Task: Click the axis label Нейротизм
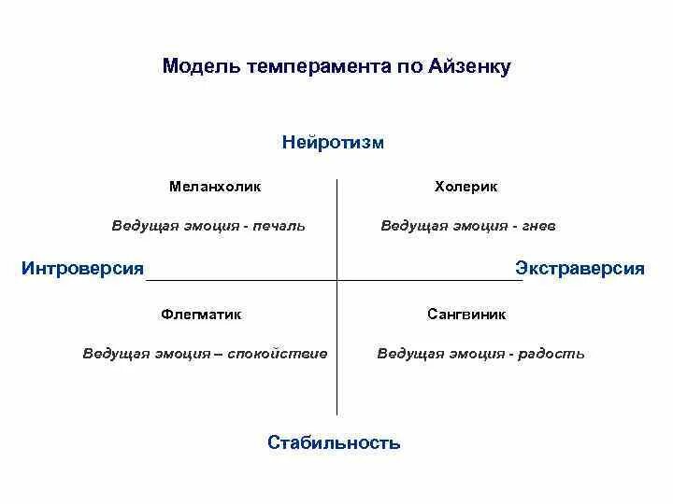point(333,143)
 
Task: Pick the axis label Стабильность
point(334,442)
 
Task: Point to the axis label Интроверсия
point(82,269)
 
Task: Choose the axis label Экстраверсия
point(580,269)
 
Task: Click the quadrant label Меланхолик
point(215,187)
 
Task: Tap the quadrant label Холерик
point(466,187)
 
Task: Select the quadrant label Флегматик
point(201,315)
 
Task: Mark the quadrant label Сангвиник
point(466,315)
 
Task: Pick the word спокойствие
point(285,354)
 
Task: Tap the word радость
point(556,354)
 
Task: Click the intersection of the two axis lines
point(336,280)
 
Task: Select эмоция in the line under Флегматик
point(177,354)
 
